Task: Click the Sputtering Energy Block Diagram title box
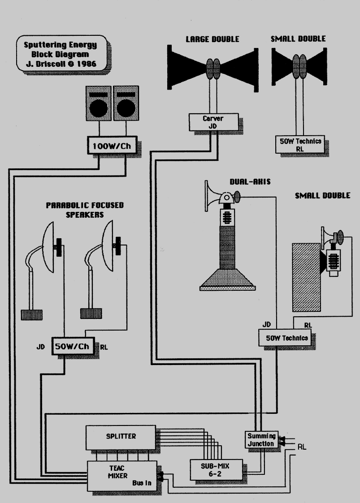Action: (63, 54)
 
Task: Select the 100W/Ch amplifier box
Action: (112, 146)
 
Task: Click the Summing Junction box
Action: (260, 439)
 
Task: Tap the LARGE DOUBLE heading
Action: (213, 39)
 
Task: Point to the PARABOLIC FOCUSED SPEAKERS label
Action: (85, 210)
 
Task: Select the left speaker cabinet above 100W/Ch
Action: (98, 103)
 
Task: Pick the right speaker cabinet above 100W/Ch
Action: (126, 103)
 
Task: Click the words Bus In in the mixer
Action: (143, 484)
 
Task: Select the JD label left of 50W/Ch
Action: (41, 347)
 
